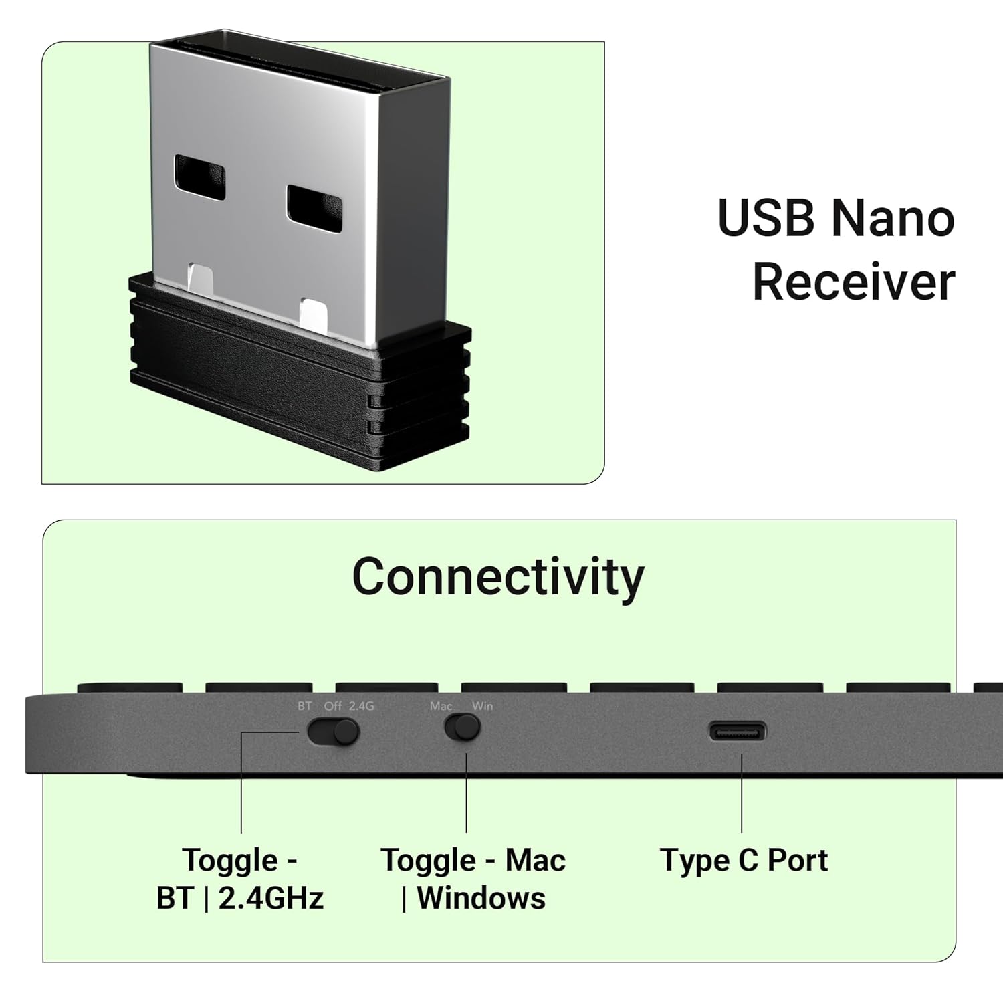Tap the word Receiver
[854, 282]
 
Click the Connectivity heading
[497, 576]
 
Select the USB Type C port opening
[738, 732]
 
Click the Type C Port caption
[744, 860]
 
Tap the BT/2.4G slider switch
[333, 732]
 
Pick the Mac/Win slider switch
[463, 728]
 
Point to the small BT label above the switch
[304, 706]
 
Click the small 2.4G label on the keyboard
[361, 706]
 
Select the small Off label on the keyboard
[332, 706]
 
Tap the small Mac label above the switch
[441, 706]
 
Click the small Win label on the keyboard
[483, 706]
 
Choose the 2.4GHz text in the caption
[271, 898]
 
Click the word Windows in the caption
[481, 898]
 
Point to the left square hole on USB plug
[200, 179]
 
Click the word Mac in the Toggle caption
[535, 860]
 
